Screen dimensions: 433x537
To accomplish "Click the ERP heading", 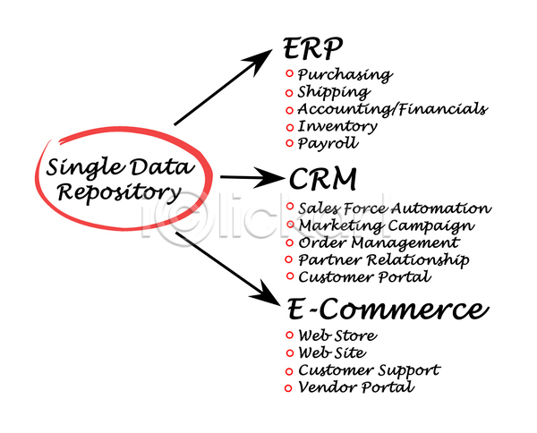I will (x=313, y=47).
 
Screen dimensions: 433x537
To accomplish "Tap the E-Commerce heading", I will (x=388, y=310).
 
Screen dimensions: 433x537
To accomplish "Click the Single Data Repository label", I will (x=113, y=178).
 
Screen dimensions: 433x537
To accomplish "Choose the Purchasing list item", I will (x=344, y=75).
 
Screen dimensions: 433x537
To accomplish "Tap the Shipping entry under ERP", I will (x=333, y=92).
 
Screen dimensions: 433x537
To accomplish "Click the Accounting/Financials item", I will (x=392, y=109).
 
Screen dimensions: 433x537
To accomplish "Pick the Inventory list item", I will (x=337, y=126).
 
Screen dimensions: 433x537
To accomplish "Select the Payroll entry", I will (x=328, y=143).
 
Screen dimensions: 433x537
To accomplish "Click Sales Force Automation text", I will (x=394, y=208).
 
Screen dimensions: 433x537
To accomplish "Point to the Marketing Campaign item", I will (x=386, y=225).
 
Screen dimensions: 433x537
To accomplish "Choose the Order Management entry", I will (x=379, y=242).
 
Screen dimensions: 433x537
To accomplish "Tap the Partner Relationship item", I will (x=383, y=259).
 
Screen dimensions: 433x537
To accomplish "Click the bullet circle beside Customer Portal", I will (x=288, y=276).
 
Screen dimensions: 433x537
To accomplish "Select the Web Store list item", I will (x=337, y=335).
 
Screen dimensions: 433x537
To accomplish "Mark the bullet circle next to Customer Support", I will (x=288, y=370).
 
